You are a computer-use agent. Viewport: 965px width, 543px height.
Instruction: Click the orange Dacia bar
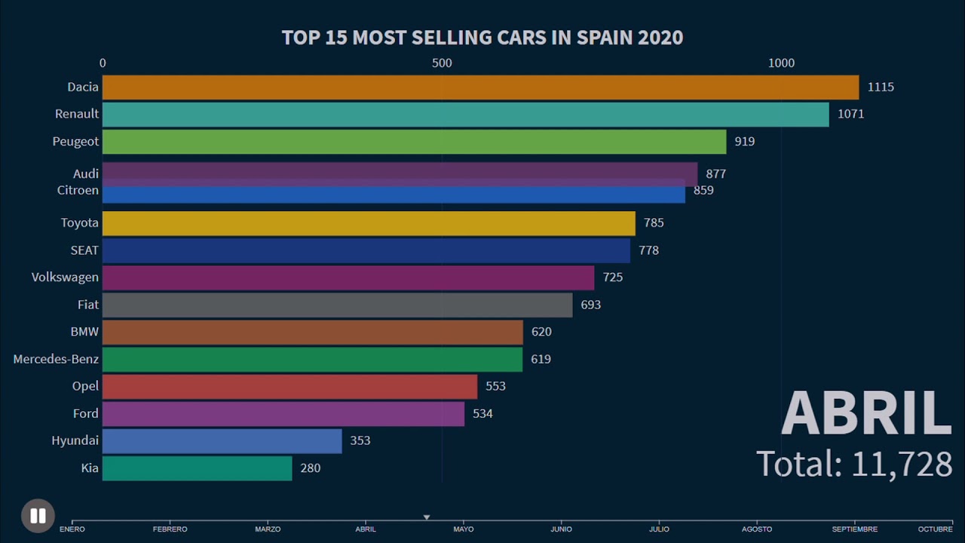[x=480, y=87]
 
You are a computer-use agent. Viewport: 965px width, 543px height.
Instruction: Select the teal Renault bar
[x=465, y=114]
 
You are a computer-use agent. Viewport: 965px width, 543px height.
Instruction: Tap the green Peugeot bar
[x=414, y=142]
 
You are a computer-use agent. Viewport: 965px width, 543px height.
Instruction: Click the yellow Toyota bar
[x=369, y=223]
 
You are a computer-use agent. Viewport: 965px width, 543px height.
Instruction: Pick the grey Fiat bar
[x=337, y=305]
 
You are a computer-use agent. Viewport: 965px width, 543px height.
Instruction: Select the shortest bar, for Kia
[x=197, y=468]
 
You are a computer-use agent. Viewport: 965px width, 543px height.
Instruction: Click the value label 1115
[x=880, y=87]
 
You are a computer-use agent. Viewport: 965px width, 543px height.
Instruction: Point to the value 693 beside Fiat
[x=590, y=305]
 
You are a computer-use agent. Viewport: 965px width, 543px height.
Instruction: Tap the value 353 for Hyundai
[x=360, y=440]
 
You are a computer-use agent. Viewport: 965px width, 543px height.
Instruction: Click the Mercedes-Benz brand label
[x=56, y=359]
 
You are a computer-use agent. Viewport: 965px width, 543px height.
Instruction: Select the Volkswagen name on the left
[x=65, y=278]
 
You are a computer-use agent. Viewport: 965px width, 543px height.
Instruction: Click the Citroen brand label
[x=78, y=191]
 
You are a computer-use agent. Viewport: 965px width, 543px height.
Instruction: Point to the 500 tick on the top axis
[x=442, y=63]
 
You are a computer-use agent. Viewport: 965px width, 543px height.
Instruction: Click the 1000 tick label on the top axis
[x=781, y=63]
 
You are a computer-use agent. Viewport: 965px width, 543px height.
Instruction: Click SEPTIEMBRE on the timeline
[x=854, y=529]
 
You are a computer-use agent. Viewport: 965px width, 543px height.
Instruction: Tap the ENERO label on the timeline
[x=72, y=529]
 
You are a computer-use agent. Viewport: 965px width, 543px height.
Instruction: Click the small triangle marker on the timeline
[x=427, y=517]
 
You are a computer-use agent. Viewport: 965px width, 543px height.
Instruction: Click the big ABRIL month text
[x=866, y=413]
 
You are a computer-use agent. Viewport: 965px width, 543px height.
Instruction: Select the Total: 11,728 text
[x=853, y=464]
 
